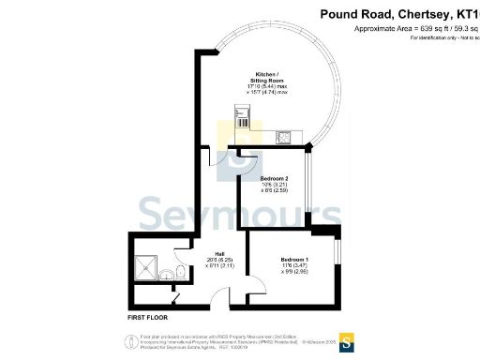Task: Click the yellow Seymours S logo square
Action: pyautogui.click(x=348, y=339)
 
